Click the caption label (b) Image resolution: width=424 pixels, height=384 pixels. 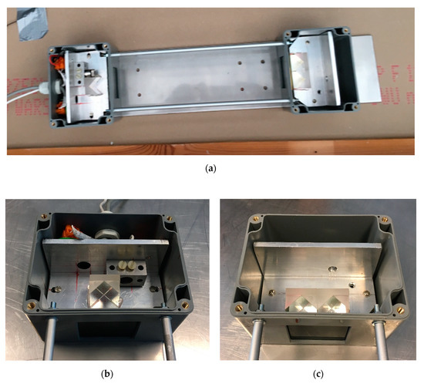(107, 374)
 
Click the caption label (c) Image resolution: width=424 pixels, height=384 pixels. (316, 374)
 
